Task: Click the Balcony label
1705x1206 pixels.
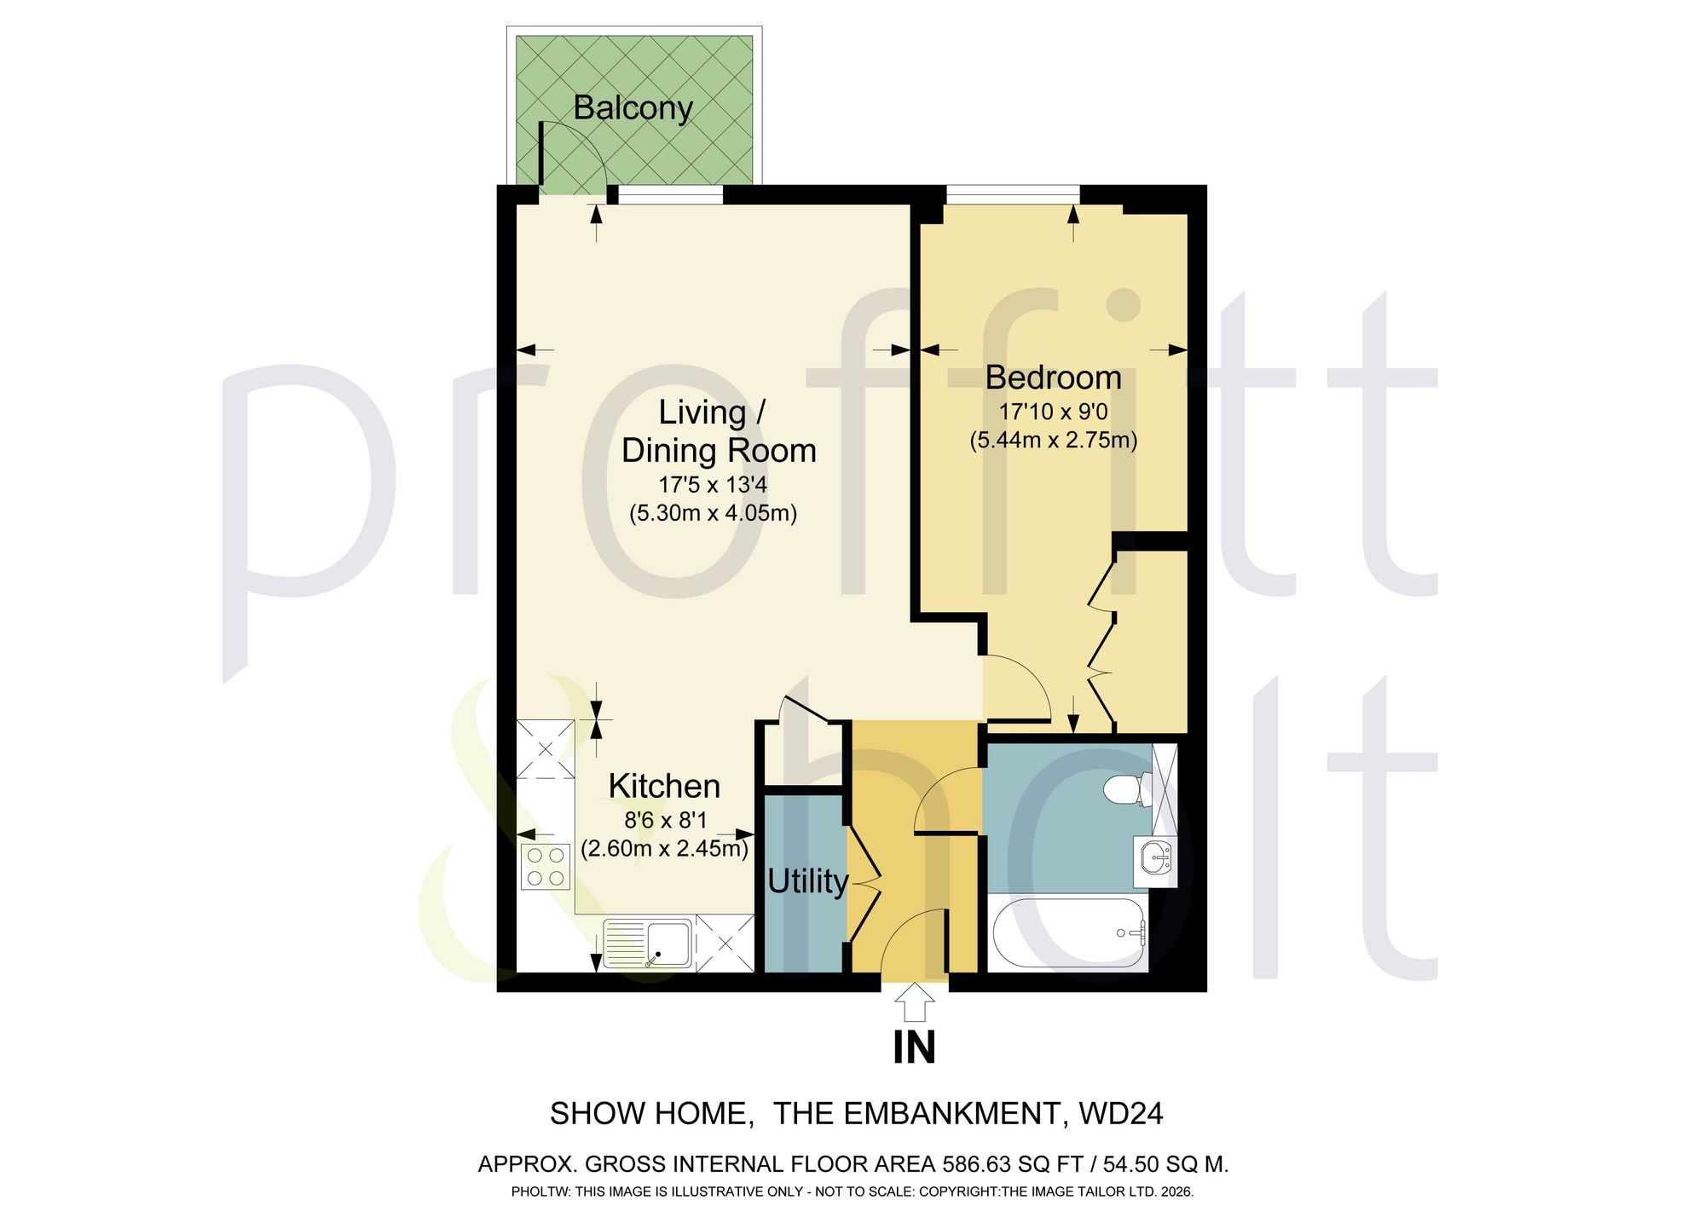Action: pyautogui.click(x=633, y=108)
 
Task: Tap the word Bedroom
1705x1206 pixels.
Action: pyautogui.click(x=1054, y=378)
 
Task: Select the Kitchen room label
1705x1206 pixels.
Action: pyautogui.click(x=664, y=786)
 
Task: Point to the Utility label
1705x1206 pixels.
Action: pyautogui.click(x=807, y=881)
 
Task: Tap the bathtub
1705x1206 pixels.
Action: pyautogui.click(x=1069, y=933)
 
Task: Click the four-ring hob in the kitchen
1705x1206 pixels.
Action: pyautogui.click(x=546, y=866)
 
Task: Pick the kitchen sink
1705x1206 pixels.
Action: pyautogui.click(x=648, y=943)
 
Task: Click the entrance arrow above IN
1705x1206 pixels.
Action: pyautogui.click(x=915, y=1002)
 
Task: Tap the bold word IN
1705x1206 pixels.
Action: pyautogui.click(x=915, y=1048)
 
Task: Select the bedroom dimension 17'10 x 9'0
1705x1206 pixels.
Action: pyautogui.click(x=1054, y=413)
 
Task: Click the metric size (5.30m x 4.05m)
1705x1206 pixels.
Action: pyautogui.click(x=714, y=514)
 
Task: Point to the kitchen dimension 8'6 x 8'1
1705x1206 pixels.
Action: pyautogui.click(x=666, y=821)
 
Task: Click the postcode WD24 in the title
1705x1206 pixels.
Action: pyautogui.click(x=1121, y=1114)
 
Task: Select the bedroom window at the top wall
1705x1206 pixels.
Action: pyautogui.click(x=1012, y=194)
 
